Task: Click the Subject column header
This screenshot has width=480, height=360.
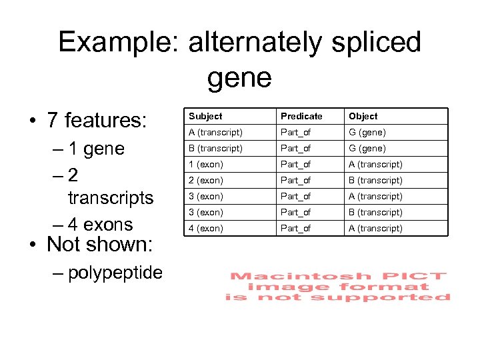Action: click(x=205, y=116)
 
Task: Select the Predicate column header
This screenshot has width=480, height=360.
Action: click(x=301, y=116)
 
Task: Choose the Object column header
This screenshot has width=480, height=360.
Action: click(x=363, y=116)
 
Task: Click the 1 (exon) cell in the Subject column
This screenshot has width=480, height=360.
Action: click(x=205, y=164)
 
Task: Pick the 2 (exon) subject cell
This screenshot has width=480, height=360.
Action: click(x=205, y=180)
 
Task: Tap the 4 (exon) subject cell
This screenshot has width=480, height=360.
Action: click(x=205, y=228)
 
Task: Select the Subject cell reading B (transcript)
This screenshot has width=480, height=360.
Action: click(x=216, y=148)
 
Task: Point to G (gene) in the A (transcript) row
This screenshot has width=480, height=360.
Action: click(x=367, y=132)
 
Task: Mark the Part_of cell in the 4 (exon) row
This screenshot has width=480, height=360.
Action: click(x=295, y=228)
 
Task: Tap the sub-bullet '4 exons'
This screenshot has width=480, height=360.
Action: click(x=101, y=225)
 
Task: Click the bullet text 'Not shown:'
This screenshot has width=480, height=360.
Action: click(x=99, y=244)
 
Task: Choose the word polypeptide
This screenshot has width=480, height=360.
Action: click(x=115, y=272)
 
